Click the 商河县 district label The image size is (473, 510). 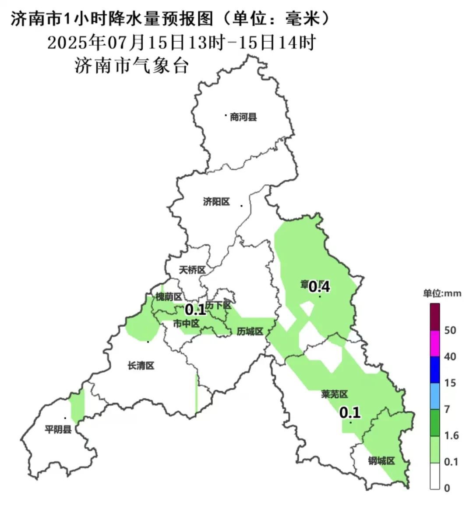tap(243, 117)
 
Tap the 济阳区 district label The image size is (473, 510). tap(216, 202)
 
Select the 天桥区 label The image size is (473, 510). tap(192, 270)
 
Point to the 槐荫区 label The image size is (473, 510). tap(169, 297)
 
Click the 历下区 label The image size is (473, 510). tap(219, 305)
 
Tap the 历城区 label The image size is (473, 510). tap(250, 332)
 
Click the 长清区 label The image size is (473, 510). tap(141, 366)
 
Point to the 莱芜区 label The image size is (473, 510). tap(334, 395)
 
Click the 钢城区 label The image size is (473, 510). tap(381, 461)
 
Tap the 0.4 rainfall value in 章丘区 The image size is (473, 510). tap(319, 287)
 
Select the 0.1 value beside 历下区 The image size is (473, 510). tap(195, 310)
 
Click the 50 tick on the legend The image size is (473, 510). tap(450, 330)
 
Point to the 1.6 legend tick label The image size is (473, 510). tap(451, 435)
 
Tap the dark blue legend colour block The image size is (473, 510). tap(435, 370)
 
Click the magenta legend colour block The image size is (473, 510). tap(435, 343)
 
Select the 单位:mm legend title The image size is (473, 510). tap(442, 293)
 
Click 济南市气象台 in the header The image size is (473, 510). tap(132, 66)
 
